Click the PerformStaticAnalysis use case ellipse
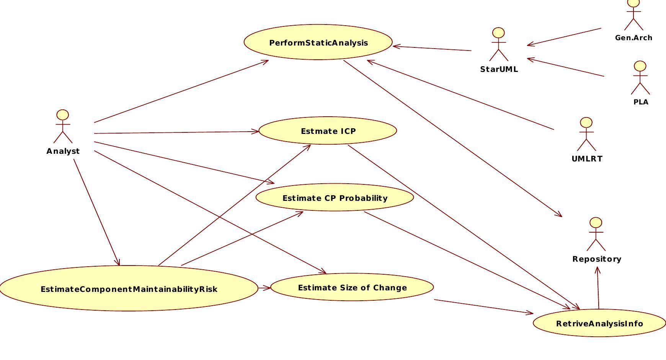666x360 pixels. pos(318,42)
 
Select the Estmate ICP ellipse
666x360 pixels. pos(328,131)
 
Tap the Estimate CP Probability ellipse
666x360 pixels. pos(335,198)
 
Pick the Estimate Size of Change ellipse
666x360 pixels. pos(352,287)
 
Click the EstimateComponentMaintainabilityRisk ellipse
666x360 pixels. pos(129,289)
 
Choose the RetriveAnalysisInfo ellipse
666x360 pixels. pos(599,323)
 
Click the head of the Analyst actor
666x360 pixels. pos(63,115)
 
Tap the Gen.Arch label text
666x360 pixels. pos(633,38)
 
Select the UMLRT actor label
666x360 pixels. pos(587,159)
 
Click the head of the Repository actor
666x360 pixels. pos(596,223)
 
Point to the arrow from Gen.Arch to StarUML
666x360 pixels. pos(564,37)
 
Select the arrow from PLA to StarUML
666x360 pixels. pos(566,67)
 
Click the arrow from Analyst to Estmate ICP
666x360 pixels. pos(176,132)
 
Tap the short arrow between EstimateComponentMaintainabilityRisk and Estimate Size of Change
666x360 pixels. pos(264,288)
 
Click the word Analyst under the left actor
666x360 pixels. pos(63,151)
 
